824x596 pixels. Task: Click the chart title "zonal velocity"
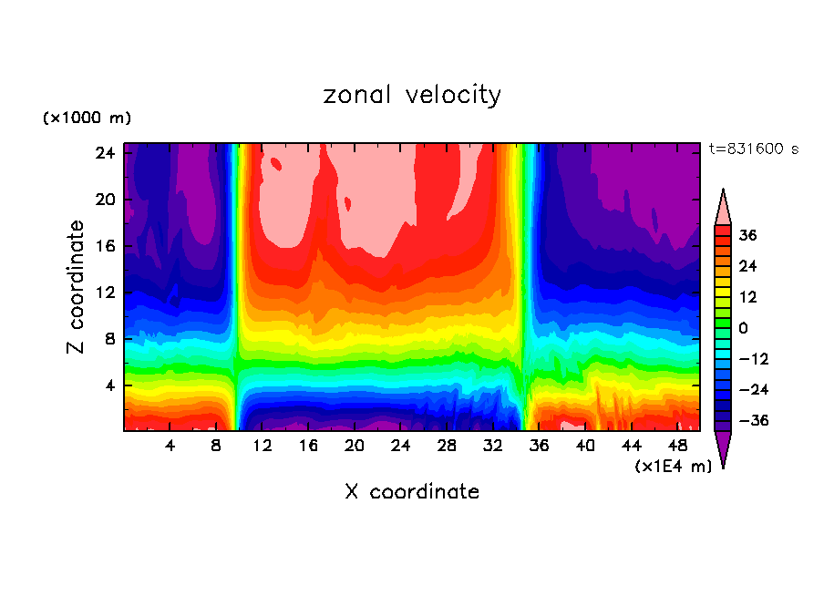click(412, 95)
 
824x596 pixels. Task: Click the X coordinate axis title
click(412, 492)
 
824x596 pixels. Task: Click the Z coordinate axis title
click(77, 287)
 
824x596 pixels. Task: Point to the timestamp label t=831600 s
click(753, 149)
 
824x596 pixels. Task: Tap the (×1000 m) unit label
click(87, 118)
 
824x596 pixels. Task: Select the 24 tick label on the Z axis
click(105, 153)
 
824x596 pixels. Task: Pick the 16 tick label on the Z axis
click(105, 246)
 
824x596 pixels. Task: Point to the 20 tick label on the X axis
click(355, 446)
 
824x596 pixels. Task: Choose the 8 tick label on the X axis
click(216, 446)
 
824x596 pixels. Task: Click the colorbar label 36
click(747, 235)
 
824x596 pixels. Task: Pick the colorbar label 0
click(743, 328)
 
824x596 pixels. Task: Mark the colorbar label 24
click(747, 266)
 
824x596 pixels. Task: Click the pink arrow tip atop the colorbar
click(723, 206)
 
